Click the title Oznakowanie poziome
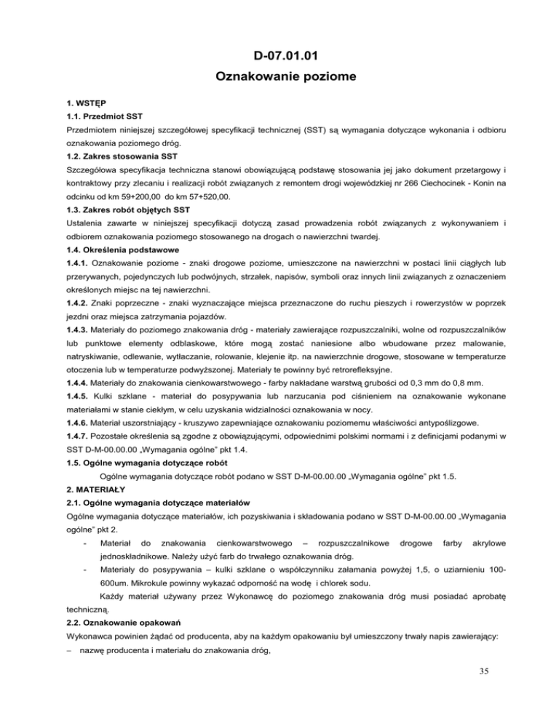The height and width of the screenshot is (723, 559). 279,75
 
